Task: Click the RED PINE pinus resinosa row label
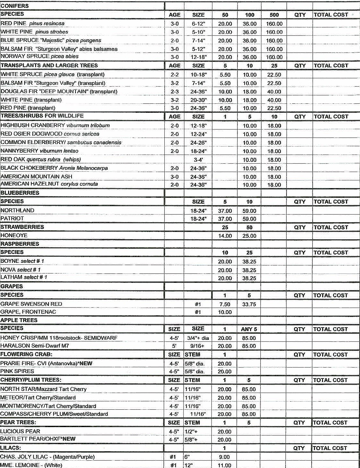[33, 24]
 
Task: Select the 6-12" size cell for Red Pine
[198, 24]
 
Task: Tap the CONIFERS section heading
[15, 6]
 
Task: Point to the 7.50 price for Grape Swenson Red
[225, 304]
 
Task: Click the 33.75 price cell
[249, 304]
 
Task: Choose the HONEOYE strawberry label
[14, 235]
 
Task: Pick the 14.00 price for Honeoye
[225, 236]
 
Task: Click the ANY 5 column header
[249, 329]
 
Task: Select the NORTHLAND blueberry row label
[17, 210]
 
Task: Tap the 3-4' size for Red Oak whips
[198, 160]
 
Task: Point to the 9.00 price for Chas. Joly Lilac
[224, 457]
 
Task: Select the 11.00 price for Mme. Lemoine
[224, 465]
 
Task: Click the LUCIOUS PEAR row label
[20, 431]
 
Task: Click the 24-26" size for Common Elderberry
[198, 143]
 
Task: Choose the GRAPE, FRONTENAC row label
[28, 312]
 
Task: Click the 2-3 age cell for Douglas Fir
[174, 92]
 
